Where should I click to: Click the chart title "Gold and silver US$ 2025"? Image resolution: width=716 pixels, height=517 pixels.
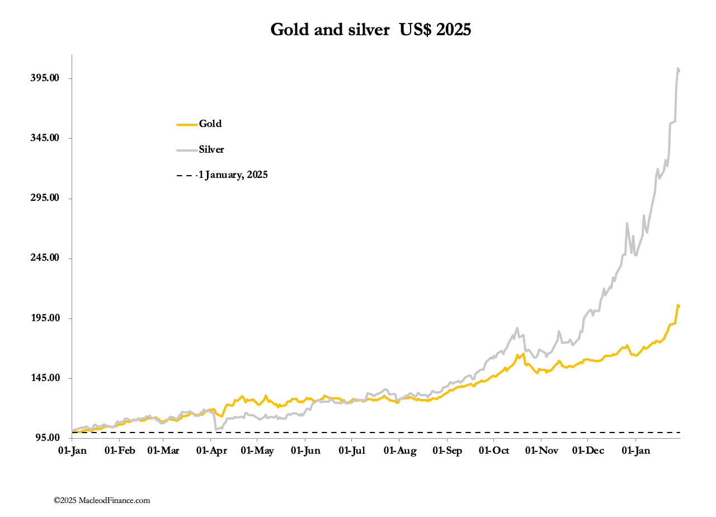click(370, 30)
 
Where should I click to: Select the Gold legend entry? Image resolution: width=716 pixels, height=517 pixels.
click(210, 124)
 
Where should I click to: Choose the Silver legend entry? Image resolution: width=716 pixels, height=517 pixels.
click(211, 149)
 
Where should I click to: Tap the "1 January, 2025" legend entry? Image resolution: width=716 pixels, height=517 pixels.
click(233, 175)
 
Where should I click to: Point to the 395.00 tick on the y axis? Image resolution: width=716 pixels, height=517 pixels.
click(45, 78)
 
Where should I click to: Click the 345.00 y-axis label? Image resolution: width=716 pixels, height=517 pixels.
click(45, 138)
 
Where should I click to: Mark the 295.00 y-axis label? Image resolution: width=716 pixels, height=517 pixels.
click(45, 198)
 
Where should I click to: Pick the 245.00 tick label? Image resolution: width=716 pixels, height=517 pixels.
click(45, 258)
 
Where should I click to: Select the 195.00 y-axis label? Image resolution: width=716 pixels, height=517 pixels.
click(45, 318)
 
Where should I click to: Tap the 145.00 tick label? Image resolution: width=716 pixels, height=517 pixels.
click(45, 378)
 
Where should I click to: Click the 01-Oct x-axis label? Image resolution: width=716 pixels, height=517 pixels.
click(493, 451)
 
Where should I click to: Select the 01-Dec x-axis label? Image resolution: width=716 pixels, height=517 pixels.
click(587, 451)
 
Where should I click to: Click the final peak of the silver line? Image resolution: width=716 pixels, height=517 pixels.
click(678, 69)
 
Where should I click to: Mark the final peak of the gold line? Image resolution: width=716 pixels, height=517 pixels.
click(678, 305)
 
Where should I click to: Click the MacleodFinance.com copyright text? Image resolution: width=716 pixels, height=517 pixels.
click(102, 500)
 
